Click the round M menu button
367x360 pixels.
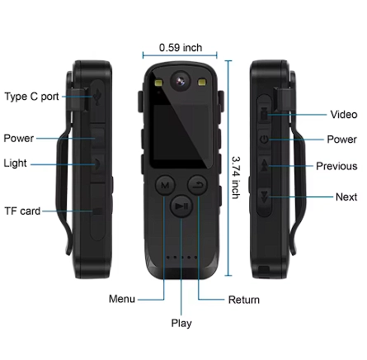coord(165,185)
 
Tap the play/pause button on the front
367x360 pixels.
coord(181,206)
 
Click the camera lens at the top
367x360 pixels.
coord(181,81)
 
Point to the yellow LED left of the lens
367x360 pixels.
coord(159,83)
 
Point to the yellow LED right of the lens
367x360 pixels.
coord(202,83)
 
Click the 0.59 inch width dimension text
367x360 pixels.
coord(181,48)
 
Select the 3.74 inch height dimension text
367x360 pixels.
coord(236,178)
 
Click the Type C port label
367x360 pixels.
coord(32,97)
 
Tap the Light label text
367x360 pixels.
coord(15,163)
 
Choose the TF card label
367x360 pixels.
coord(22,211)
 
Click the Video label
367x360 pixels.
coord(344,115)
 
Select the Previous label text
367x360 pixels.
coord(336,166)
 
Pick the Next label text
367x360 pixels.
coord(346,197)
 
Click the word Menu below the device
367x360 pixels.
coord(122,299)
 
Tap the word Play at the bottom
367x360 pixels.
coord(181,324)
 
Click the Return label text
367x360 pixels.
coord(244,300)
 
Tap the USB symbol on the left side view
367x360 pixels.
coord(97,97)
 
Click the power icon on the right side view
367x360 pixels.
coord(264,140)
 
